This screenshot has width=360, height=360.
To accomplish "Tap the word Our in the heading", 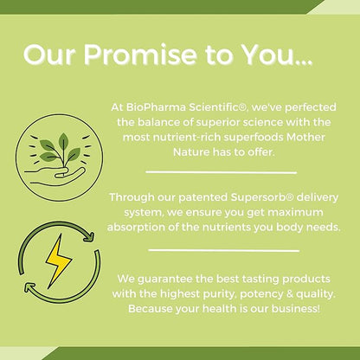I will point(52,54).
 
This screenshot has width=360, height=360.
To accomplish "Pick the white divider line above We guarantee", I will point(222,252).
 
